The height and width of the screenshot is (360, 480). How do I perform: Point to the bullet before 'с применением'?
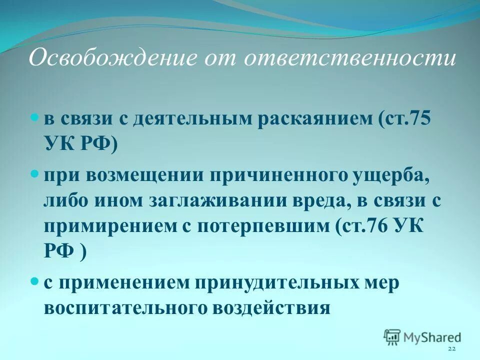click(x=34, y=281)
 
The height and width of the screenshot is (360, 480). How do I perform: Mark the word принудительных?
click(x=272, y=282)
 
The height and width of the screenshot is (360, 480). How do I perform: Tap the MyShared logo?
click(x=422, y=337)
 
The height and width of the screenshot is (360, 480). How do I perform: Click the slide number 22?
click(x=451, y=348)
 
